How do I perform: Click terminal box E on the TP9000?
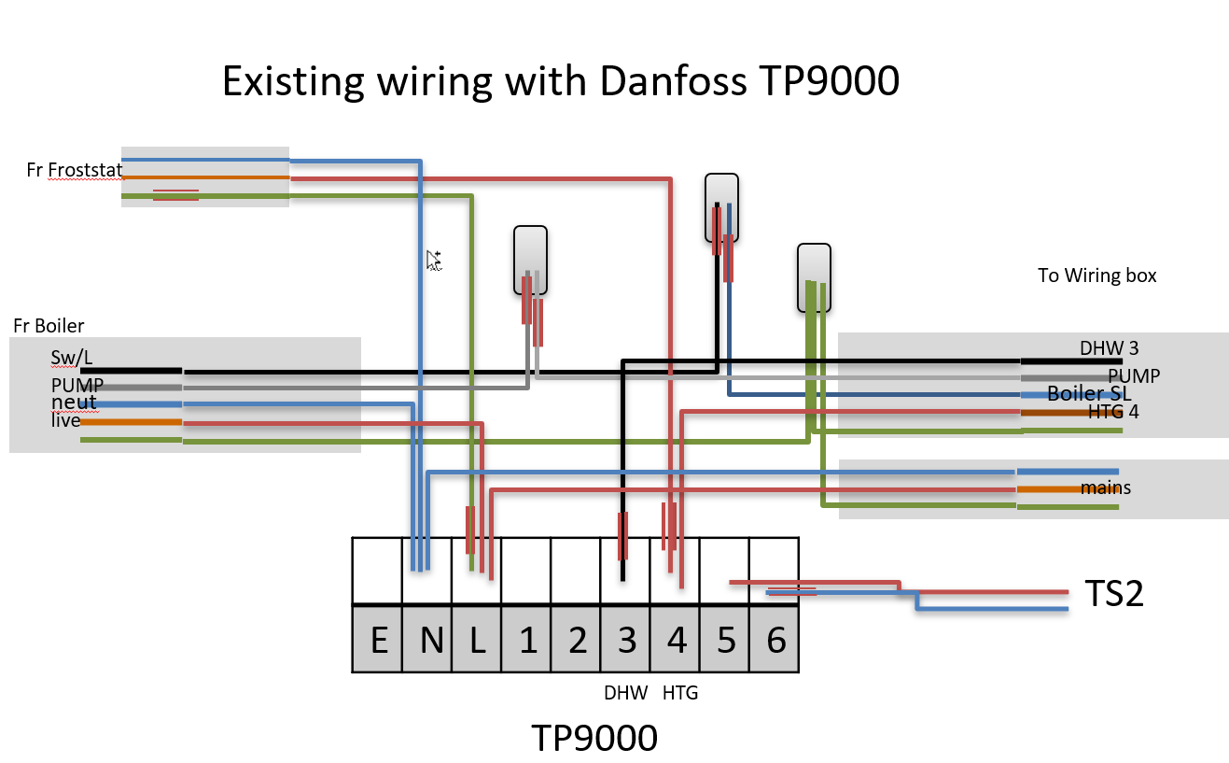pos(378,641)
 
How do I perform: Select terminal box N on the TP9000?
pos(427,641)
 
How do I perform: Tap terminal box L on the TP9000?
pos(477,641)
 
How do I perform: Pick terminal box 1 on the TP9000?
pos(527,641)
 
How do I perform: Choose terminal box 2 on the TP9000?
pos(577,641)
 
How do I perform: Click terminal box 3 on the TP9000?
pos(626,641)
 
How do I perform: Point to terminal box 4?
pos(676,641)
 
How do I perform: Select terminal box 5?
pos(725,641)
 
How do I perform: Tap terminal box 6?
pos(775,641)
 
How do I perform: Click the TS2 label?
pos(1114,594)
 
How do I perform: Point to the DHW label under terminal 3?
pos(625,693)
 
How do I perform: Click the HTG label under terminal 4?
pos(680,693)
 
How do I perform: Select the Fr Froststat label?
pos(75,169)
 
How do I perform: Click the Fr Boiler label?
pos(49,326)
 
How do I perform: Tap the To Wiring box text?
pos(1096,276)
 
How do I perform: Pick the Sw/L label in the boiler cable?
pos(72,358)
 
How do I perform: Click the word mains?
pos(1105,487)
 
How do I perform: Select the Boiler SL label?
pos(1089,393)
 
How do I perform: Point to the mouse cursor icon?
pos(434,261)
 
